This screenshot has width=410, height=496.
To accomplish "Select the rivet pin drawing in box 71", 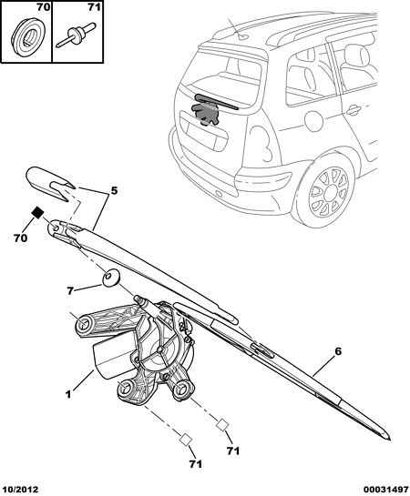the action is point(76,35).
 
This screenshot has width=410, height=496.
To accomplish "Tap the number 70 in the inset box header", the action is point(44,7).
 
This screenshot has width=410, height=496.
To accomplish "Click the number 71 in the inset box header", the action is point(94,7).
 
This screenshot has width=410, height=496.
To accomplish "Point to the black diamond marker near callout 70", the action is point(38,212).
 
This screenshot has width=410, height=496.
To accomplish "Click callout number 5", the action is point(114,191).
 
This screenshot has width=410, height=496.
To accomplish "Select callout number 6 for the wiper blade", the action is point(338,351).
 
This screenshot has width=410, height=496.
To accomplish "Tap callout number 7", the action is point(70,290).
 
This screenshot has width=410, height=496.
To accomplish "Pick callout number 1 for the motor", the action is point(67,394).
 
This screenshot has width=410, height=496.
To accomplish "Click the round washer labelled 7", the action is point(110,278).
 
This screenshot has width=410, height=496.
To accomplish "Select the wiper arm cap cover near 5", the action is point(50,185).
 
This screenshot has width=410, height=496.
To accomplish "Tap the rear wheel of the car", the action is point(328,191).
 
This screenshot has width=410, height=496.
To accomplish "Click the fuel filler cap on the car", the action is point(314,120).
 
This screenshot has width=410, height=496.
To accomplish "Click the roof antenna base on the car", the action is point(243,37).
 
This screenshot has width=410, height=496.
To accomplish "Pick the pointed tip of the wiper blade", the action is point(390,440).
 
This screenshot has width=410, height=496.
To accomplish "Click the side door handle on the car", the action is point(353,110).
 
